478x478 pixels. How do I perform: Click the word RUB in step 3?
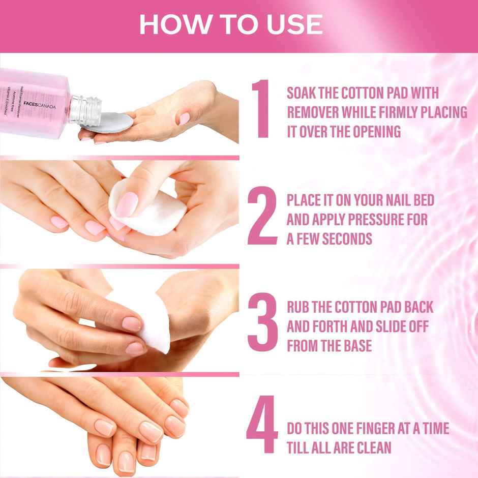(297, 308)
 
